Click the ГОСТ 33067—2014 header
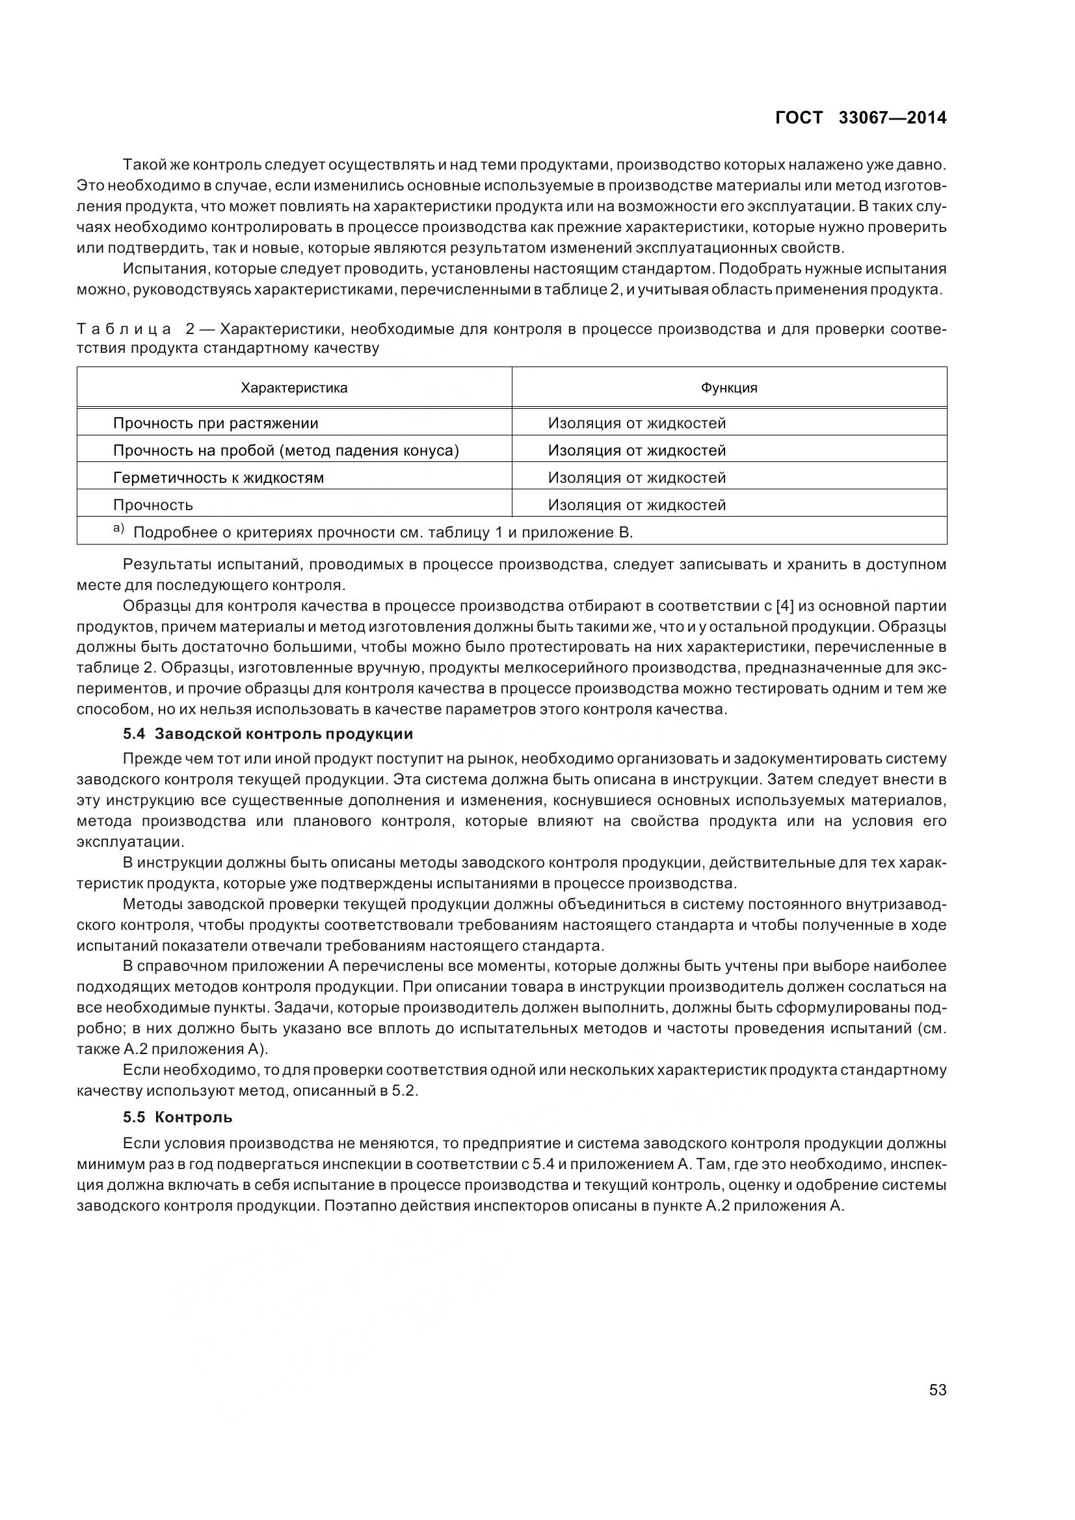click(x=860, y=118)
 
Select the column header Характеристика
click(x=294, y=388)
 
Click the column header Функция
click(x=728, y=388)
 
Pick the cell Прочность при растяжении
click(x=216, y=423)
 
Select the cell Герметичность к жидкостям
click(x=219, y=478)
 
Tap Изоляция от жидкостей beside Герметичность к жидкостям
click(x=637, y=478)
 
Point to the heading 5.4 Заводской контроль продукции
click(x=267, y=734)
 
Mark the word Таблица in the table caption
click(x=124, y=329)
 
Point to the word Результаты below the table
click(x=166, y=565)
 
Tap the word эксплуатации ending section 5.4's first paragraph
click(x=130, y=842)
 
